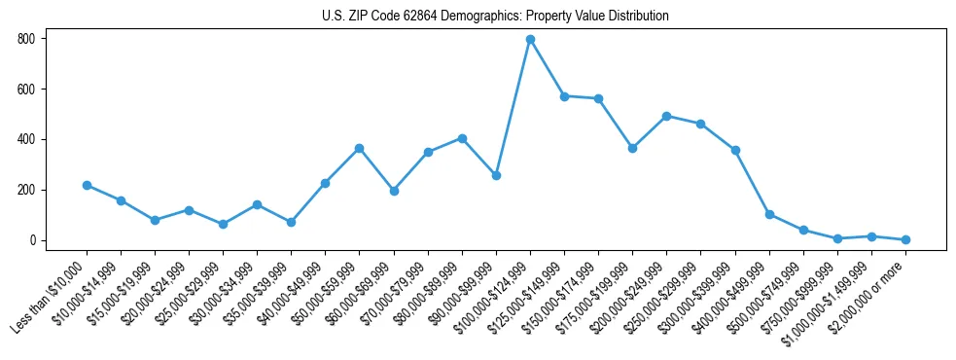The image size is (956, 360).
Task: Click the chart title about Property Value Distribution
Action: (x=495, y=16)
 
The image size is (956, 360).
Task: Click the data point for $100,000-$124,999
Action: (x=530, y=39)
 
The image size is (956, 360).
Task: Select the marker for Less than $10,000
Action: (x=87, y=185)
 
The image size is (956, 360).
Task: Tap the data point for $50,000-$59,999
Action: (x=360, y=148)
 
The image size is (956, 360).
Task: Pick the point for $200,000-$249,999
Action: (x=666, y=116)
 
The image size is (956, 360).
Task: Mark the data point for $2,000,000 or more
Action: (x=905, y=239)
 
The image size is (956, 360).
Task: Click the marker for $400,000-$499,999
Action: (x=769, y=214)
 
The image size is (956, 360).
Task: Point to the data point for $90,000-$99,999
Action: (x=496, y=175)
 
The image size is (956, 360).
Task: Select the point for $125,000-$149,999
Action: (x=564, y=96)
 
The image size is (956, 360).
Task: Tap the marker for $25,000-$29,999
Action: (x=223, y=224)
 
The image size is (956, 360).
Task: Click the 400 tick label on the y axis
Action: (x=25, y=139)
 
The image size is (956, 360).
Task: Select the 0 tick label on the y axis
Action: (x=32, y=240)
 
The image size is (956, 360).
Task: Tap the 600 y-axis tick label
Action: (x=25, y=90)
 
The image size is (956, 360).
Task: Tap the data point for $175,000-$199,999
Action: (x=632, y=148)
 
